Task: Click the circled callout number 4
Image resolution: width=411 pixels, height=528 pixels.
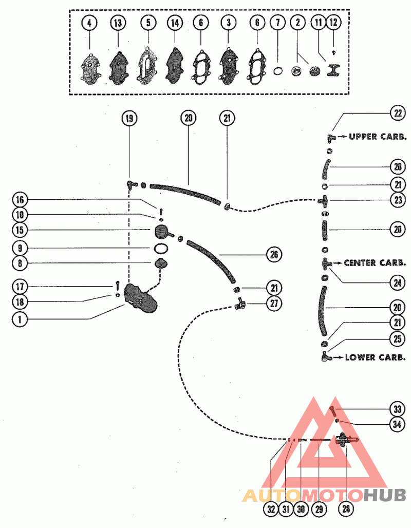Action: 89,23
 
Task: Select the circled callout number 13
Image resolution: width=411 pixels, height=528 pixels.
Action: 118,23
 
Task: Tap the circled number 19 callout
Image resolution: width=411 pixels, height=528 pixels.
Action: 129,118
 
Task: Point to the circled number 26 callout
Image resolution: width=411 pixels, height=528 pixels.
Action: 274,255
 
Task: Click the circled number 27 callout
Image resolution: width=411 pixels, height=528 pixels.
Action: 274,304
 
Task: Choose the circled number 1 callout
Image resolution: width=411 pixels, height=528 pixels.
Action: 20,319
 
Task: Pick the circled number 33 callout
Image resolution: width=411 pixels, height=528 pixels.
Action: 397,409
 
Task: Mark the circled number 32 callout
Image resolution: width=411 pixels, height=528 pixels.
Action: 271,508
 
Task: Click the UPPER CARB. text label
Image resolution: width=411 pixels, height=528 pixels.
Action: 378,137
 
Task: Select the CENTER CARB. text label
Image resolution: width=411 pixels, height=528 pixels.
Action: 375,262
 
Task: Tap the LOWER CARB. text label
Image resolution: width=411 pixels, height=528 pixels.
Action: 375,357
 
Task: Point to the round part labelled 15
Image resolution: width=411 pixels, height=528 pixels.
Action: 162,232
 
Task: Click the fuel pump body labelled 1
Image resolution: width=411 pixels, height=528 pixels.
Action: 140,299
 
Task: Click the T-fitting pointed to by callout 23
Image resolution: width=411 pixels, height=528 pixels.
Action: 324,201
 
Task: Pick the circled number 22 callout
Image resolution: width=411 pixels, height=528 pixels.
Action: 398,113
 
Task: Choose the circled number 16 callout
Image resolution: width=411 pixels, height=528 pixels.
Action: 20,200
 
